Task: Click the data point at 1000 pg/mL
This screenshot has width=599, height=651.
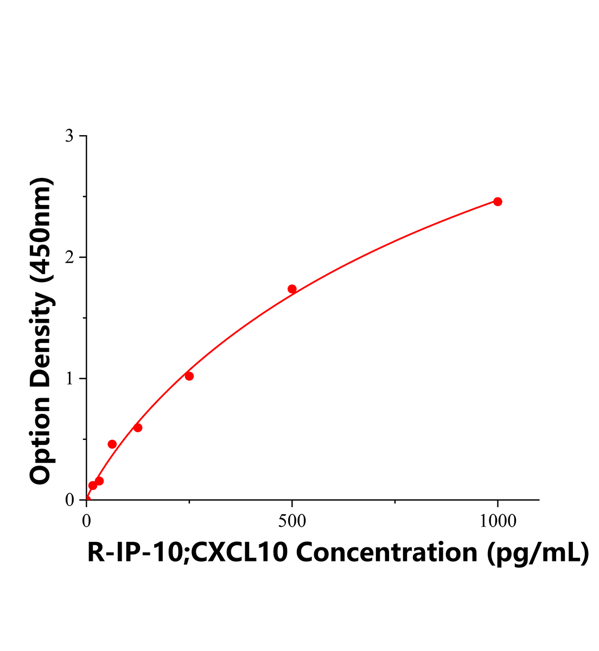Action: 498,202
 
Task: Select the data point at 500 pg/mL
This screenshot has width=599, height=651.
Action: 292,289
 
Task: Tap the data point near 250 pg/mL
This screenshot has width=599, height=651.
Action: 189,376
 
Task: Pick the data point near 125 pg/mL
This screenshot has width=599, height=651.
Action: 138,427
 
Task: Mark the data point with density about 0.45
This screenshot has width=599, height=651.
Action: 112,444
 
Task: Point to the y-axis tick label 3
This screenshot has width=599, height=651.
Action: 69,136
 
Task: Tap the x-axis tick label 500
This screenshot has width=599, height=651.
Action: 292,521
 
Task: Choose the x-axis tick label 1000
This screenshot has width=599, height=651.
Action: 498,521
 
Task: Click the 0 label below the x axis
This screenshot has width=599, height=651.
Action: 87,521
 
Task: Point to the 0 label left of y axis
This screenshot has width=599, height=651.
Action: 69,500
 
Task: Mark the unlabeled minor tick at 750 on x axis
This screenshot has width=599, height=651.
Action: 395,502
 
